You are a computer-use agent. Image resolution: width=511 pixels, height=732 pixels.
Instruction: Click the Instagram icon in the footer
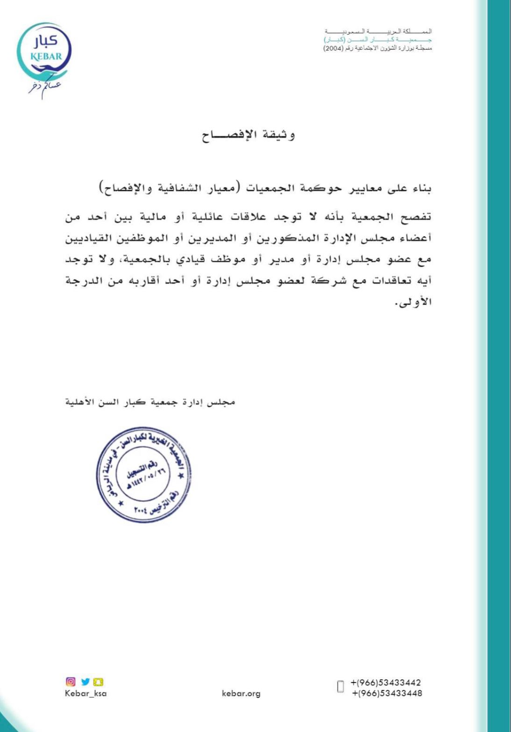point(71,682)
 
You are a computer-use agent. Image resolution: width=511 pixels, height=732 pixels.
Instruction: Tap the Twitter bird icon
point(85,682)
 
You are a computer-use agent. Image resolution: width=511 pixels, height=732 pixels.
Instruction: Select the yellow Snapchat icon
point(99,682)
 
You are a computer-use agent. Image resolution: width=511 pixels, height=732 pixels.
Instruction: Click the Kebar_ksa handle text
point(85,693)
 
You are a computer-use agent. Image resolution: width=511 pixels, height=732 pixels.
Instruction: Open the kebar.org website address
point(241,694)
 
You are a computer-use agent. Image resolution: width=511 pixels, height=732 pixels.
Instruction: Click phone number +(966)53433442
point(386,683)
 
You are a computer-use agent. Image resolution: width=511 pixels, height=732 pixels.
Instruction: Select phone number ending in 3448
point(387,693)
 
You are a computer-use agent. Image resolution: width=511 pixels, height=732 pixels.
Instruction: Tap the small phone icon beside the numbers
point(341,686)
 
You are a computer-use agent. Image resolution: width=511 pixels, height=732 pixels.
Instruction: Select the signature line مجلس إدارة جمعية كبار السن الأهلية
point(150,402)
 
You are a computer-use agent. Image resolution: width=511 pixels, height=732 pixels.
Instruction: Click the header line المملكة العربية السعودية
point(377,31)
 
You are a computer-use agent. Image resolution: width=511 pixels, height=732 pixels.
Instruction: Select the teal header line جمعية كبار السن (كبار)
point(377,40)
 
